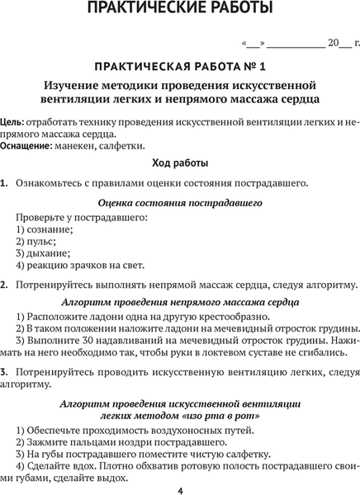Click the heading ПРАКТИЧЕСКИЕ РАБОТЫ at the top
tap(180, 11)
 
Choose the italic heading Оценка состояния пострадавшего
tap(180, 201)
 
